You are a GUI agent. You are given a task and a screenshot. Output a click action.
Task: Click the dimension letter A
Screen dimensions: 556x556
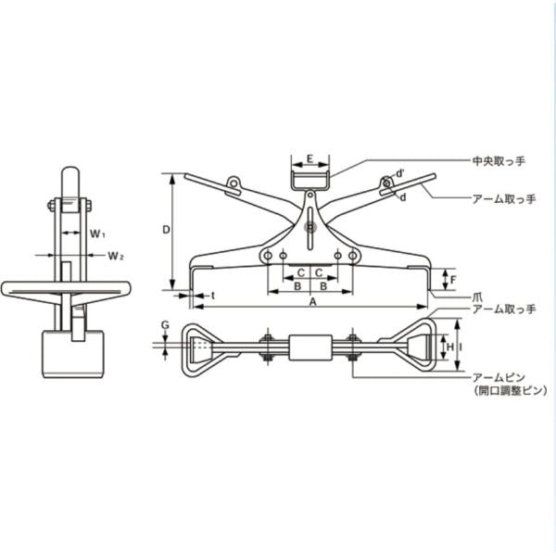(313, 301)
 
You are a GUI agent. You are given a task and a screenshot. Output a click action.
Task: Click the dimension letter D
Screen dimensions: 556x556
(166, 230)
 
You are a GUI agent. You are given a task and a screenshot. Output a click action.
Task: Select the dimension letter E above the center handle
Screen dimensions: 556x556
(310, 158)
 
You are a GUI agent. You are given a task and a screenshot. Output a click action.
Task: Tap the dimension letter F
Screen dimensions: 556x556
(453, 280)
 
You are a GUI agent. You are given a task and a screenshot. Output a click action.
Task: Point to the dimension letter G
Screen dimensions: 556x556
(165, 325)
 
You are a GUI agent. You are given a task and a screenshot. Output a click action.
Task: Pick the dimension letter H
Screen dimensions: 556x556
(450, 347)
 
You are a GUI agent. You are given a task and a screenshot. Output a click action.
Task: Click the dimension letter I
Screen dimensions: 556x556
(461, 347)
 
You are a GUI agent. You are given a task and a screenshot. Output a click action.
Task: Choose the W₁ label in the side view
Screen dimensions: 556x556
(97, 234)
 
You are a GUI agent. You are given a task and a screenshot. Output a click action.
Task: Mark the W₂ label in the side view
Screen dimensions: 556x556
(116, 256)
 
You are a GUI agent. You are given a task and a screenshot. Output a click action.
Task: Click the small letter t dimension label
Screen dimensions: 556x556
(213, 296)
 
